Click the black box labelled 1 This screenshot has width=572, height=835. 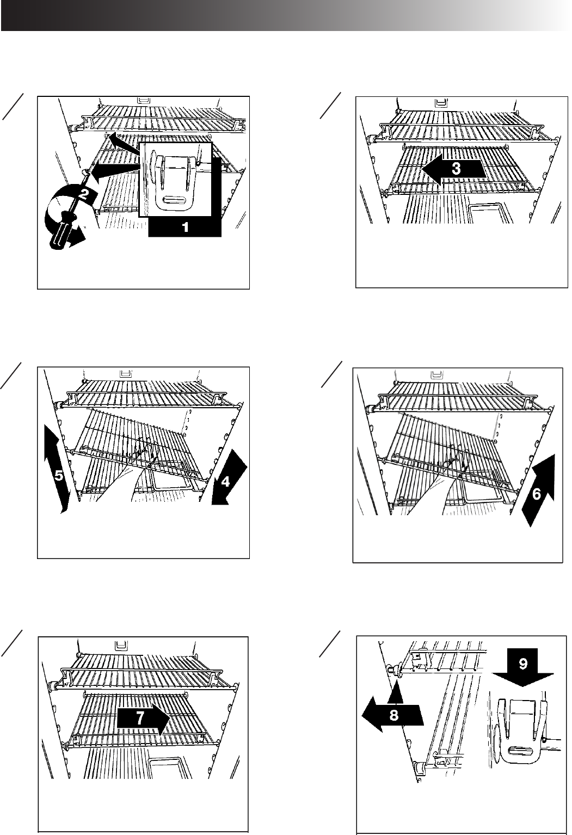185,227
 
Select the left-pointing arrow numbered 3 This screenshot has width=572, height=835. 453,169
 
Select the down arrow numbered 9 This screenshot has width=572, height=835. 523,667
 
